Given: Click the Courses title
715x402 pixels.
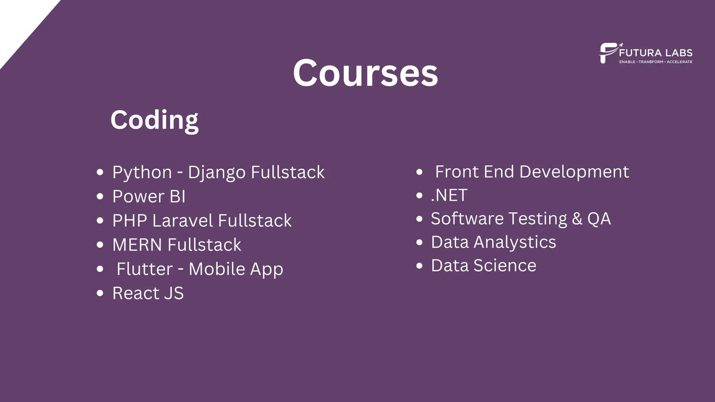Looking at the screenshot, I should tap(365, 73).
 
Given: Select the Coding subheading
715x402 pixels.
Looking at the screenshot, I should tap(154, 120).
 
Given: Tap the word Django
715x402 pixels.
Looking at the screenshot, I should tap(216, 172).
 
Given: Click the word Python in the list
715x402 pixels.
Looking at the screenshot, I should tap(142, 172).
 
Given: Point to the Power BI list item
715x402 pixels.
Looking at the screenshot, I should tap(149, 196).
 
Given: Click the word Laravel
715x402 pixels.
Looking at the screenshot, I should tap(183, 221).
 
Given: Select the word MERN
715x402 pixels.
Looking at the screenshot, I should tap(137, 245).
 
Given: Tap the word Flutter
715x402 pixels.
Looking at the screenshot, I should tap(145, 269).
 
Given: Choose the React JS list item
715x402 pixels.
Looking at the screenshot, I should tap(148, 293).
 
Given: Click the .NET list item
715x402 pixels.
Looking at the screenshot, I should tap(449, 195).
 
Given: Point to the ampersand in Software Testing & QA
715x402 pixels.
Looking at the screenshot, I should tap(577, 219).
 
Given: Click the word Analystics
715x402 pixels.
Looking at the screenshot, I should tap(515, 242).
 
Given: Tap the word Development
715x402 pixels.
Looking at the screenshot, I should tap(574, 172).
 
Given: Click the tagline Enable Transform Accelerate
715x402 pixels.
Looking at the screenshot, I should tap(656, 62).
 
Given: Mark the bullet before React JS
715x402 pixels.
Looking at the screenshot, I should tap(100, 293).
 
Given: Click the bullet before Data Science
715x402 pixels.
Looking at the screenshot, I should tap(419, 266).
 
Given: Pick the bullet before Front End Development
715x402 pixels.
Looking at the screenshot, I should tap(419, 172).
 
